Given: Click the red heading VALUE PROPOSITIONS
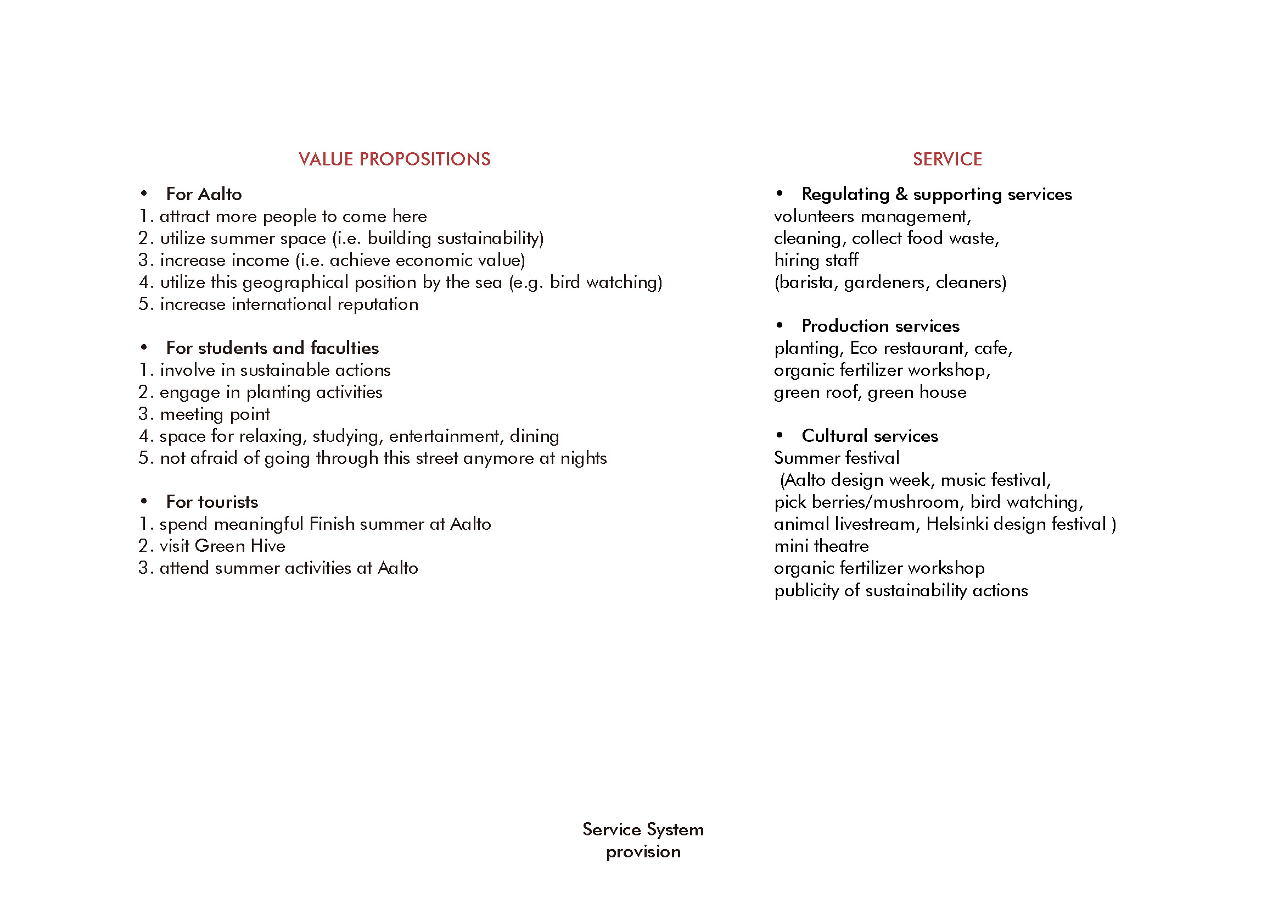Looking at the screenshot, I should click(394, 159).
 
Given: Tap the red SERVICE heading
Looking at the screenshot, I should click(947, 159).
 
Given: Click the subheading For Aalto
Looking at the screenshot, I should click(204, 193).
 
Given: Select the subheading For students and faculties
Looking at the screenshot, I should click(272, 347).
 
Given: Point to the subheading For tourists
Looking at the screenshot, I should click(212, 502).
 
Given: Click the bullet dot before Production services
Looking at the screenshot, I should click(780, 325).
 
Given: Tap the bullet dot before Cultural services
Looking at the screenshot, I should click(780, 435).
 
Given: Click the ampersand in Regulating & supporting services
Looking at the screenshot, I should click(901, 193).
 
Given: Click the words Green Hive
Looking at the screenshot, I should click(240, 546).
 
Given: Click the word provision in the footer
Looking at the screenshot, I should click(643, 851).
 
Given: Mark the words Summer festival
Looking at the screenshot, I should click(837, 458).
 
